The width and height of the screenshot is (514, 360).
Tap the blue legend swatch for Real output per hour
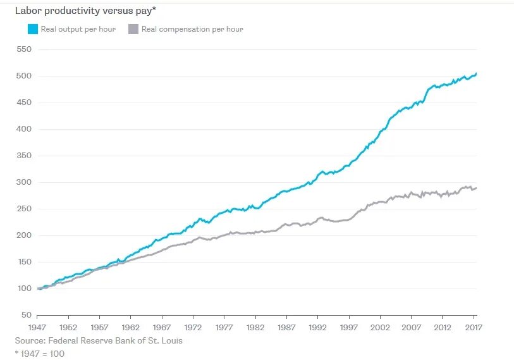pyautogui.click(x=32, y=29)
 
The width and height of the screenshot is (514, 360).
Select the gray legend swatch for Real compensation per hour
pyautogui.click(x=133, y=29)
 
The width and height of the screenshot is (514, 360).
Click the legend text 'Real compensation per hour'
pyautogui.click(x=192, y=29)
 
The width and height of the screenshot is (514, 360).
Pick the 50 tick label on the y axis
pyautogui.click(x=25, y=315)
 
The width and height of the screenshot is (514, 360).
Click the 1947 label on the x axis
pyautogui.click(x=37, y=328)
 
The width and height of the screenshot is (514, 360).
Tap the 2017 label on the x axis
pyautogui.click(x=474, y=328)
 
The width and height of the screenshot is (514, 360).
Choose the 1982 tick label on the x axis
pyautogui.click(x=255, y=328)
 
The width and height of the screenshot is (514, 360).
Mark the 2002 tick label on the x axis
pyautogui.click(x=380, y=328)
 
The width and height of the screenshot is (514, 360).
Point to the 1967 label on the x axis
pyautogui.click(x=162, y=328)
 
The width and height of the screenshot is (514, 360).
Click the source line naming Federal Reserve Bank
pyautogui.click(x=99, y=341)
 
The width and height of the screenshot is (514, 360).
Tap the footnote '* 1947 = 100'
pyautogui.click(x=40, y=354)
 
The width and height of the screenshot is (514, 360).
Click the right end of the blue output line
pyautogui.click(x=476, y=74)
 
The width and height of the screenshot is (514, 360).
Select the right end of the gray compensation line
pyautogui.click(x=476, y=188)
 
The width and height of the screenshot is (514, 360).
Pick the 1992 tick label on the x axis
pyautogui.click(x=317, y=328)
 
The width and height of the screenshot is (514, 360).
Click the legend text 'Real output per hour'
pyautogui.click(x=78, y=29)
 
